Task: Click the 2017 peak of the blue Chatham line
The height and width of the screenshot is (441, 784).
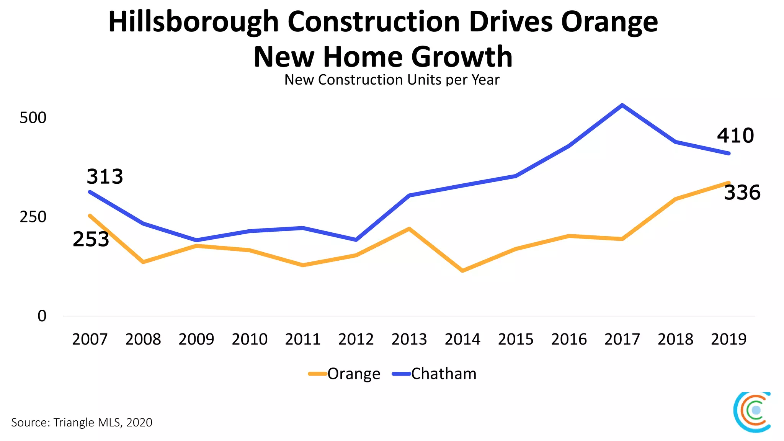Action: pos(622,105)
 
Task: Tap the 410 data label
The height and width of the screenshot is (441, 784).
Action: pos(735,136)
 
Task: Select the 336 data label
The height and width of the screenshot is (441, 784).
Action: pos(742,193)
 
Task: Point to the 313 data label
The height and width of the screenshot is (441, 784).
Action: pos(105,176)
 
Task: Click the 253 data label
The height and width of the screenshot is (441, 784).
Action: pos(91,239)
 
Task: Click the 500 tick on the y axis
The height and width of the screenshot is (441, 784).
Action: pos(33,118)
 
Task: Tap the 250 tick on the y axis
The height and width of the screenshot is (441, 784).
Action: pos(33,217)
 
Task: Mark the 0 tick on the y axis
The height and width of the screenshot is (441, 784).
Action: pos(42,316)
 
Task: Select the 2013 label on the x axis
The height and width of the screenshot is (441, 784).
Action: pos(409,339)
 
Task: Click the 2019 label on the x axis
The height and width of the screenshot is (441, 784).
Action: pos(728,339)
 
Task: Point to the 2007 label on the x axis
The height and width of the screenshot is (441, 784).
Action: pos(90,339)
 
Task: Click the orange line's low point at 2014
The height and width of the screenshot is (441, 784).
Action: pos(462,271)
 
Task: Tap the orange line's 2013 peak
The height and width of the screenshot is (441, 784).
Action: pos(409,229)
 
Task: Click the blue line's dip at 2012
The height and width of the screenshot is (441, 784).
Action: pos(356,240)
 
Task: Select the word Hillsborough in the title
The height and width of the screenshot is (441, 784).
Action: pos(193,22)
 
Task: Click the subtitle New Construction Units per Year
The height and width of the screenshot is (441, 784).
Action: pos(392,80)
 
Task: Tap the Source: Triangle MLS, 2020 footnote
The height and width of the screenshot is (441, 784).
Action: pos(82,422)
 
